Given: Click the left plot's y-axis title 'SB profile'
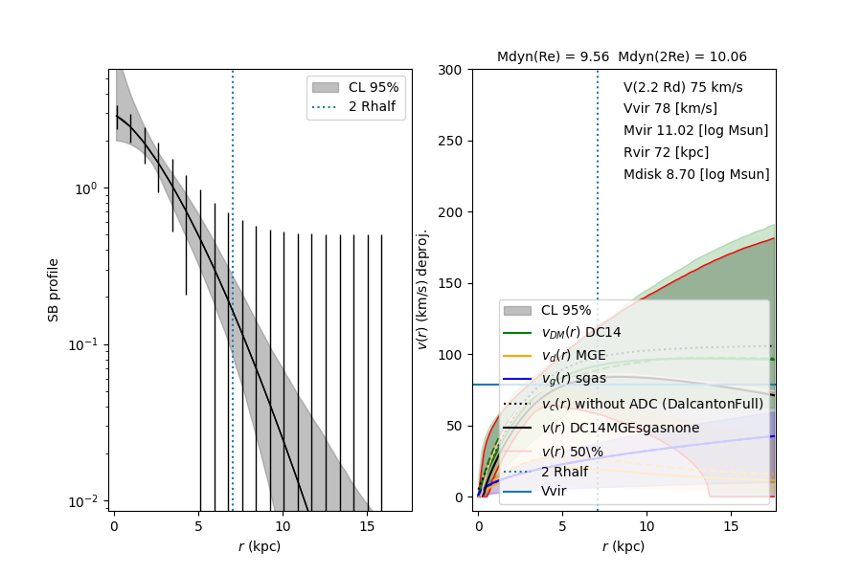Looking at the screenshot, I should click(55, 289).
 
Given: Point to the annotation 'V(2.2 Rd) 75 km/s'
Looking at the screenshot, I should click(683, 87).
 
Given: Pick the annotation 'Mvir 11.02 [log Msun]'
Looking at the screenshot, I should click(695, 131).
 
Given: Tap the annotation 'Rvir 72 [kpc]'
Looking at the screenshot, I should click(666, 153).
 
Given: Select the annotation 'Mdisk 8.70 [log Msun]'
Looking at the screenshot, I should click(696, 175).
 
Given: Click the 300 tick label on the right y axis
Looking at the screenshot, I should click(451, 70).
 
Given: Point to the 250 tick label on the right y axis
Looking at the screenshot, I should click(451, 142).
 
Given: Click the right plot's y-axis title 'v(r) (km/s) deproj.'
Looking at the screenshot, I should click(422, 289).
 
